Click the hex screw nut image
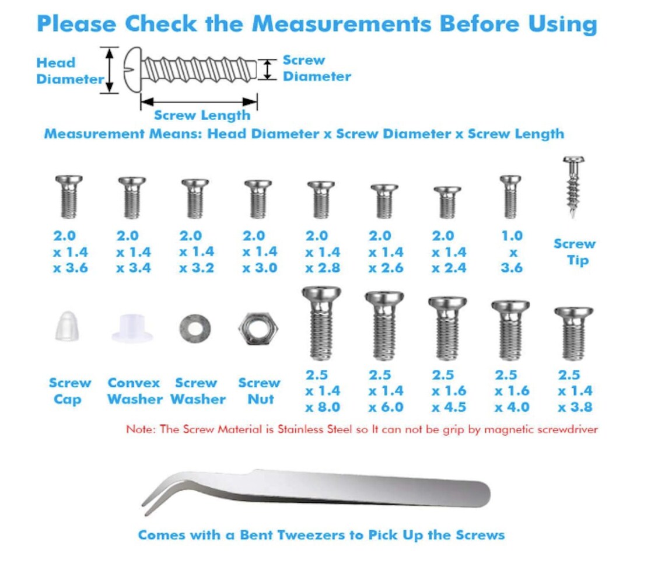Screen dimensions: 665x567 pos(258,328)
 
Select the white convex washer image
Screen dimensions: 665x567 pos(132,328)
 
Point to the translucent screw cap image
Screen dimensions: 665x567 pos(66,326)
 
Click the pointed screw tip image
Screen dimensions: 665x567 pos(573,187)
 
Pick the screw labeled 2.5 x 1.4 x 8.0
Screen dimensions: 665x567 pos(321,324)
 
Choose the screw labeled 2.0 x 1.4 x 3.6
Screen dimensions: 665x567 pos(69,197)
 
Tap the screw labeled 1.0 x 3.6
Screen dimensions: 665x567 pos(510,197)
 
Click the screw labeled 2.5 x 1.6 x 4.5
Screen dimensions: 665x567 pos(447,328)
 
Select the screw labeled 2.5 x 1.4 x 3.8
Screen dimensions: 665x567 pos(573,334)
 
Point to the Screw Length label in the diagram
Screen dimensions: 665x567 pos(202,116)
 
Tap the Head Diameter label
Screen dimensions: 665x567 pos(70,71)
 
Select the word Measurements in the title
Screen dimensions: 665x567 pos(341,24)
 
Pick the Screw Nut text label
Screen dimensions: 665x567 pos(259,391)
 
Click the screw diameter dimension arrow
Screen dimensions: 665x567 pos(267,69)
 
